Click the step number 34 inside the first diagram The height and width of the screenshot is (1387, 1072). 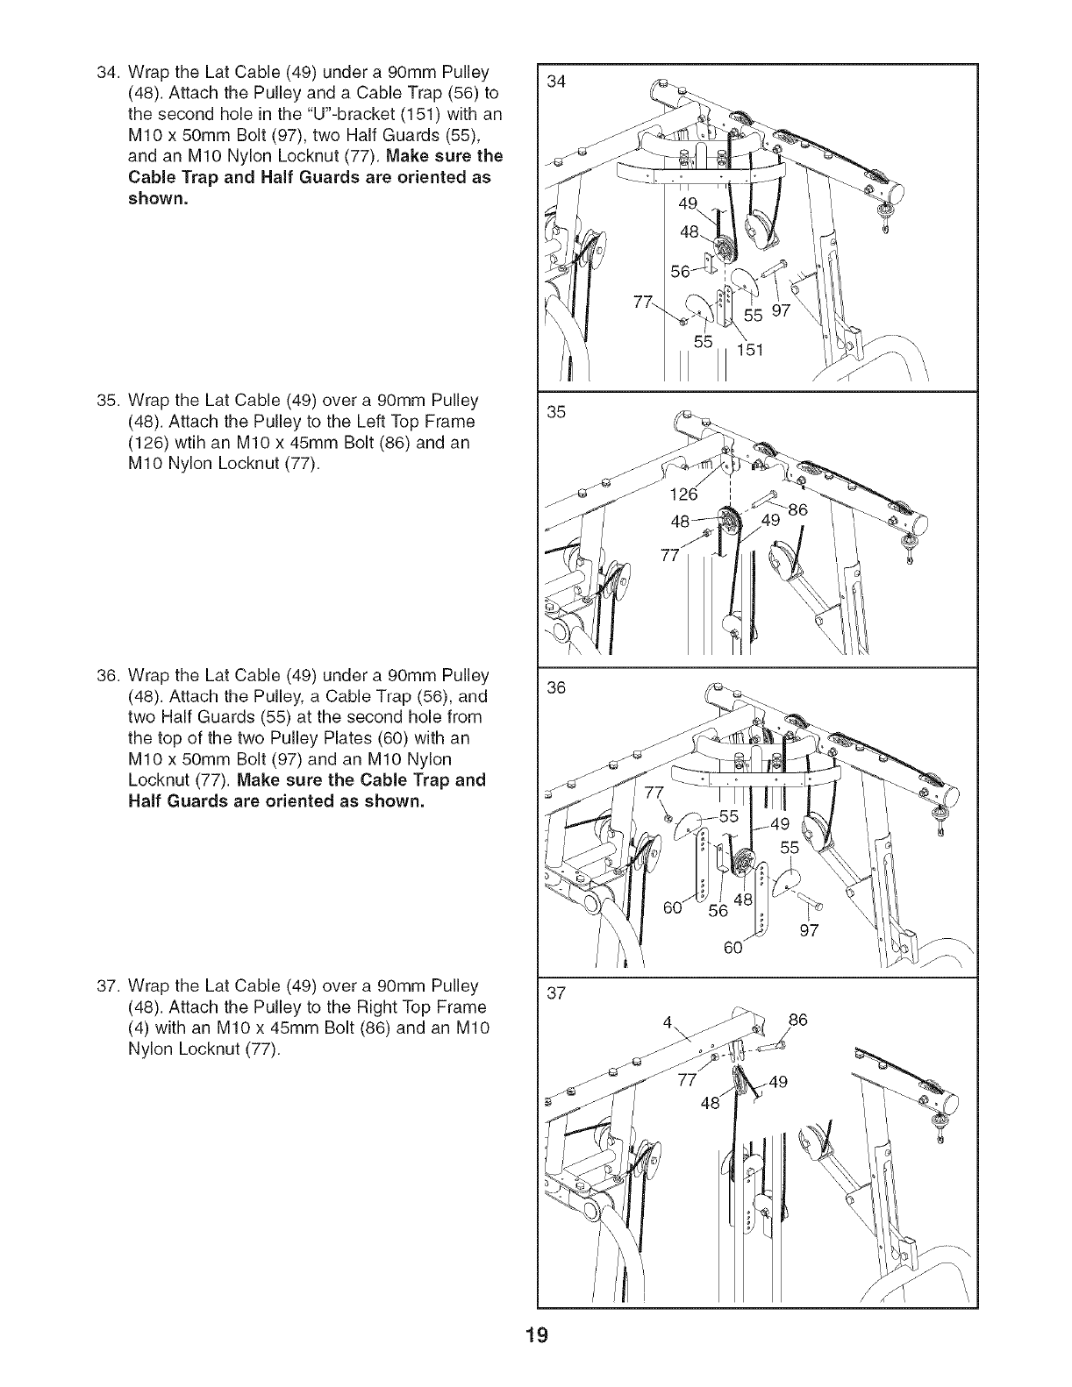click(x=555, y=82)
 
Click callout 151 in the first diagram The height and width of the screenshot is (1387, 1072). click(x=752, y=351)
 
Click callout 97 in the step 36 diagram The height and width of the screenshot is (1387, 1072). click(x=810, y=930)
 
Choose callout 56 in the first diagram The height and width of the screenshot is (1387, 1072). click(x=681, y=272)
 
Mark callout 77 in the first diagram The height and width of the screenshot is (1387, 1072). click(x=643, y=303)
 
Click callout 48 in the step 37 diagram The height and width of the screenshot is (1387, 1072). click(x=710, y=1103)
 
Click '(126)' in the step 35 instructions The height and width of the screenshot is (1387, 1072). click(x=149, y=443)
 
